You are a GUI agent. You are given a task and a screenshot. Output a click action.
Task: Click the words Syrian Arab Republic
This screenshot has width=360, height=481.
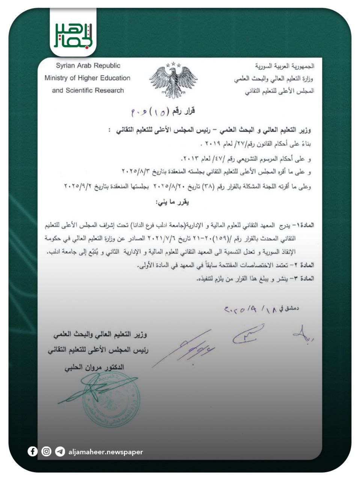88,66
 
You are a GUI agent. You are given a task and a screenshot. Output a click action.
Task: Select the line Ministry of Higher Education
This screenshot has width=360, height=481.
87,78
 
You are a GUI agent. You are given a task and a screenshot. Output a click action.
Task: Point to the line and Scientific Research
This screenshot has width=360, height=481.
88,91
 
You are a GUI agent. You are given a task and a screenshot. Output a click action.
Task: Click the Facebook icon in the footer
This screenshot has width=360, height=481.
32,451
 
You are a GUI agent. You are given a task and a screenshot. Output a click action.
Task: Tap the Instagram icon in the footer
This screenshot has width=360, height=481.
46,451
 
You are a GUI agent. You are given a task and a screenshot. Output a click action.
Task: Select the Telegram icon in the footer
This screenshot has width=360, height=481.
60,451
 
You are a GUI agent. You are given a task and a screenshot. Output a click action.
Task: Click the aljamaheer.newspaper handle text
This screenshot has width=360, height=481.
105,452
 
